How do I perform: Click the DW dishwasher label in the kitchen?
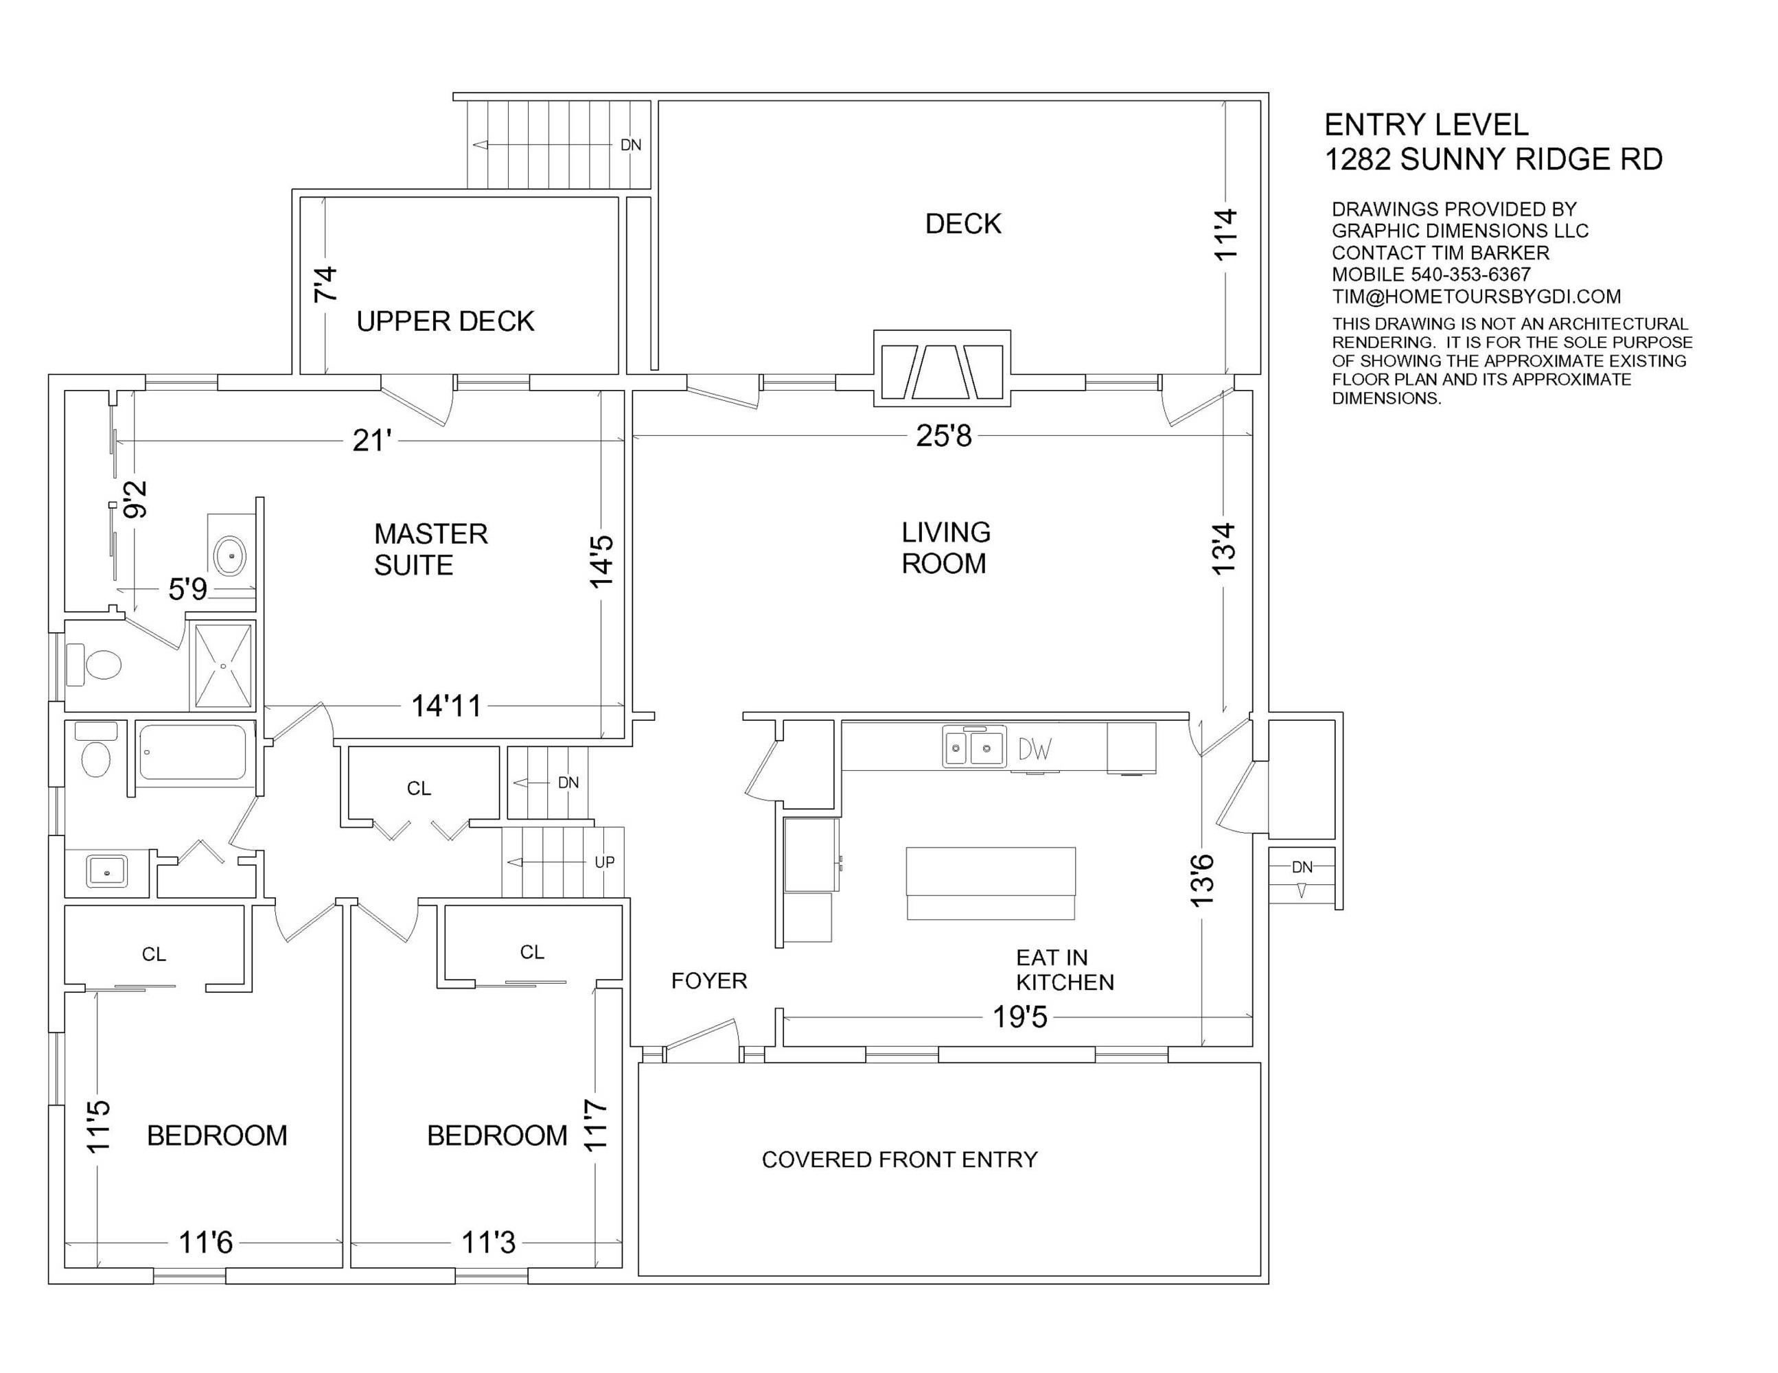point(1035,748)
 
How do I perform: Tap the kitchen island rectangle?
point(991,884)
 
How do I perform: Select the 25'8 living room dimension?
point(943,437)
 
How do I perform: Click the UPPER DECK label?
point(446,322)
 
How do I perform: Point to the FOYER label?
point(709,981)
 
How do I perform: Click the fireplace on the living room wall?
point(942,369)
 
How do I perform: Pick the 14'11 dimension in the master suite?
point(446,706)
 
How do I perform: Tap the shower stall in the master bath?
point(222,665)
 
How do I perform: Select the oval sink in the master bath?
point(231,556)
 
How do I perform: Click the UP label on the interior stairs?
point(605,862)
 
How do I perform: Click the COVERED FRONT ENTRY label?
point(899,1159)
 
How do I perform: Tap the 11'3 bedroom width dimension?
point(489,1243)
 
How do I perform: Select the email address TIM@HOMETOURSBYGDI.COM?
point(1476,297)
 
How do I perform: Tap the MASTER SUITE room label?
point(430,550)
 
